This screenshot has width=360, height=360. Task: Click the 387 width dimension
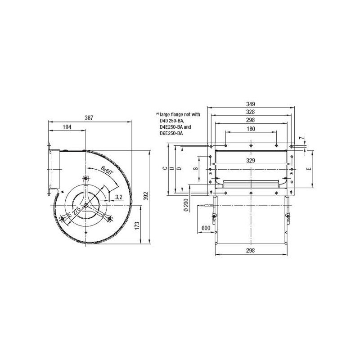(x=89, y=118)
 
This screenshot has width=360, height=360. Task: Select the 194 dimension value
(x=67, y=127)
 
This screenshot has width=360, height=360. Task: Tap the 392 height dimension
(x=146, y=196)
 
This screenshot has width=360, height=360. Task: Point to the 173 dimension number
(x=137, y=226)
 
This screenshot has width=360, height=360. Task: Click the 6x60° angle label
(x=107, y=171)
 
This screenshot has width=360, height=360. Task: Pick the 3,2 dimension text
(x=118, y=197)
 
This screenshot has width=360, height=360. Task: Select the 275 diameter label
(x=76, y=211)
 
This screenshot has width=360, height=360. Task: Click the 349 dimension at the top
(x=251, y=104)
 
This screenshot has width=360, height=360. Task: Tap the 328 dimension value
(x=251, y=112)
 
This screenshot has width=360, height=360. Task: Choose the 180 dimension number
(x=251, y=129)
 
